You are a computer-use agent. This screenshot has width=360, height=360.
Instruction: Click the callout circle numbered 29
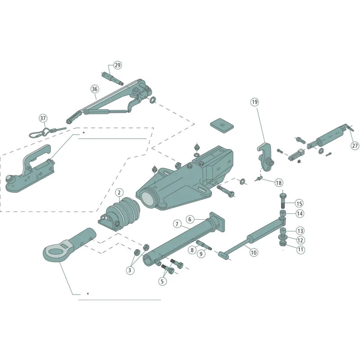(x=117, y=65)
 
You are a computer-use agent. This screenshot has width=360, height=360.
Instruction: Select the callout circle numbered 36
(x=94, y=89)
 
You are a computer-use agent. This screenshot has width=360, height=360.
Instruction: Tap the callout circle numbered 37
(x=43, y=118)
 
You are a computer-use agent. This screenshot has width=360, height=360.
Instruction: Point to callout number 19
(x=255, y=102)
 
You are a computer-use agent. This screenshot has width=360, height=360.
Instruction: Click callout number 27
(x=355, y=145)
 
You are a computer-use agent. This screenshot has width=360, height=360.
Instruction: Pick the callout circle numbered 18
(x=279, y=183)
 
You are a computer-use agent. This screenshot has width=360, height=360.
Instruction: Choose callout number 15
(x=299, y=203)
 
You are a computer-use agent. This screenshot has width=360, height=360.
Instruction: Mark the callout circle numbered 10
(x=254, y=252)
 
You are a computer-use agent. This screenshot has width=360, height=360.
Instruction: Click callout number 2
(x=119, y=193)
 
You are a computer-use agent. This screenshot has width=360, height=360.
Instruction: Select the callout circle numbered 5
(x=162, y=281)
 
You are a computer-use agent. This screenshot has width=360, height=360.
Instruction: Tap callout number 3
(x=130, y=270)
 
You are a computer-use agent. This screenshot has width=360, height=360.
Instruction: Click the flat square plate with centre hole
(x=222, y=126)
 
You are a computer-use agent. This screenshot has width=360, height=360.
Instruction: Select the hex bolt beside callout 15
(x=283, y=201)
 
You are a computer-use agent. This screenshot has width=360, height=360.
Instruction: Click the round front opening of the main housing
(x=148, y=199)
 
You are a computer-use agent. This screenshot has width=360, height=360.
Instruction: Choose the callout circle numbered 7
(x=177, y=224)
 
